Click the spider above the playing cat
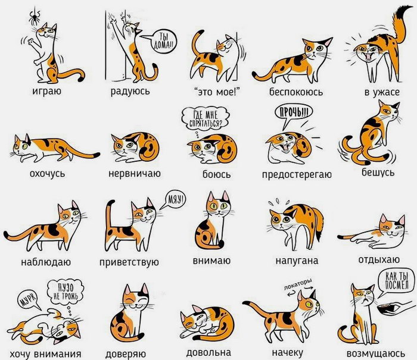click(35, 18)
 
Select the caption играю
click(47, 91)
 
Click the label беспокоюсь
click(295, 92)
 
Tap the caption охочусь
click(47, 174)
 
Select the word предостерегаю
click(297, 174)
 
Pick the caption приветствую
click(129, 262)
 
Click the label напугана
click(297, 261)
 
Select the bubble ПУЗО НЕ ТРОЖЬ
click(65, 293)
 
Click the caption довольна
click(208, 352)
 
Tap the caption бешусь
click(378, 173)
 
